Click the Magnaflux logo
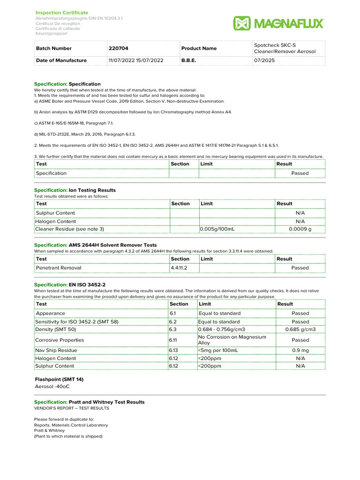pyautogui.click(x=278, y=23)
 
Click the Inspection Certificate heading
pyautogui.click(x=62, y=12)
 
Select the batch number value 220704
pyautogui.click(x=118, y=48)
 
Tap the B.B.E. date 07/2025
pyautogui.click(x=264, y=60)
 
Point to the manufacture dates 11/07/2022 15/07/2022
pyautogui.click(x=136, y=60)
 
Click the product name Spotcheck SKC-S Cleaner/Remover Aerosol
pyautogui.click(x=285, y=48)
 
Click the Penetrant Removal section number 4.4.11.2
pyautogui.click(x=179, y=268)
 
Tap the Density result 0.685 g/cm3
pyautogui.click(x=300, y=330)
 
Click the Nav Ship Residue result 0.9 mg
pyautogui.click(x=300, y=350)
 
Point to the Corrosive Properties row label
pyautogui.click(x=60, y=340)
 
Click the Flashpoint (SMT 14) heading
pyautogui.click(x=60, y=379)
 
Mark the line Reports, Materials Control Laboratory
pyautogui.click(x=71, y=425)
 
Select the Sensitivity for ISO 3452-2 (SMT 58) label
pyautogui.click(x=77, y=322)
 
